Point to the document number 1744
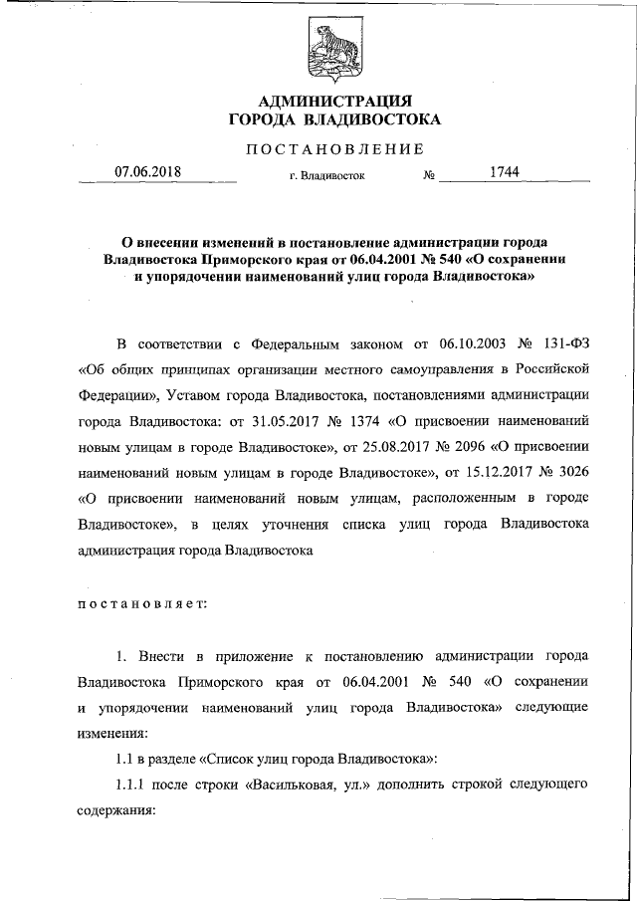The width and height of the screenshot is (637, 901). pos(506,171)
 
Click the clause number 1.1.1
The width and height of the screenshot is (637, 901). pos(132,785)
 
